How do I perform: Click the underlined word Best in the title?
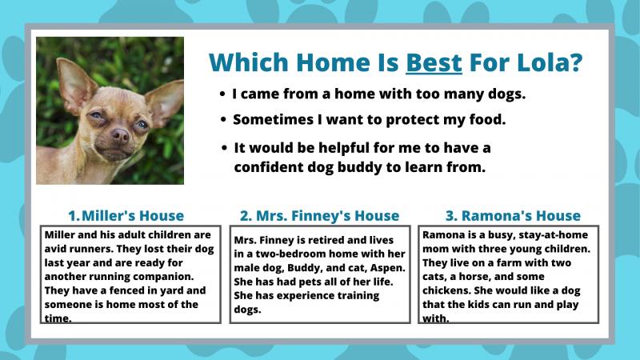[x=434, y=62]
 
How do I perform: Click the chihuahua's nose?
[x=121, y=135]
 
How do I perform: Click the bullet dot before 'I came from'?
[x=222, y=94]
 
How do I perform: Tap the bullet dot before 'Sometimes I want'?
[x=223, y=119]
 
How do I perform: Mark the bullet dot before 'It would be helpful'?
[x=224, y=148]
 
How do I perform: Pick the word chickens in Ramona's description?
[x=443, y=290]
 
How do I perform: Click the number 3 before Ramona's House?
[x=450, y=215]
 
